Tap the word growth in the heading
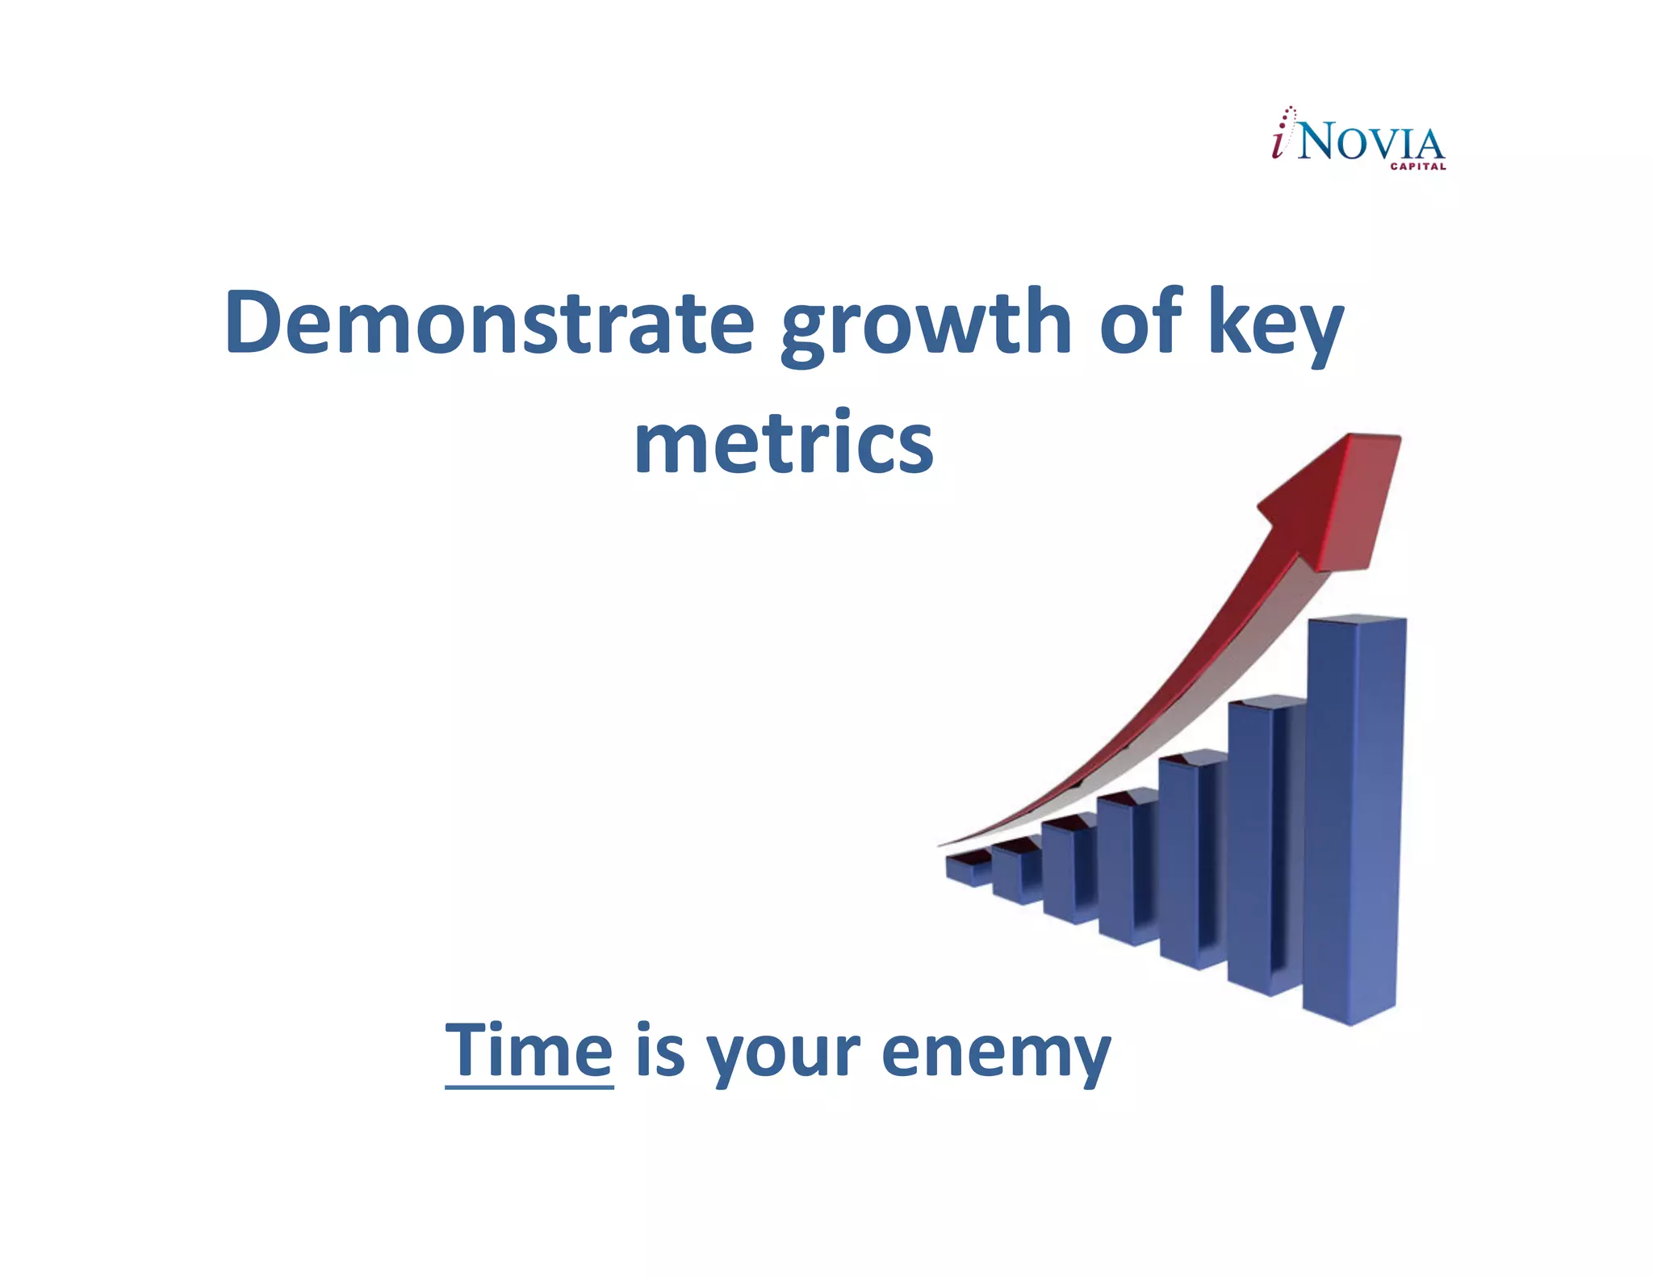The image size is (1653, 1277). [926, 323]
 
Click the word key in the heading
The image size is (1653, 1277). [1275, 323]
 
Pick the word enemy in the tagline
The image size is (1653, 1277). [996, 1053]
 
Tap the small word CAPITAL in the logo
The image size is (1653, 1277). [1417, 167]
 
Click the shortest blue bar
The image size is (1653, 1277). [967, 869]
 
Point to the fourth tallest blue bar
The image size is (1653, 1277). [1126, 872]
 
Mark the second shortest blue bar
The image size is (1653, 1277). [1014, 873]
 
